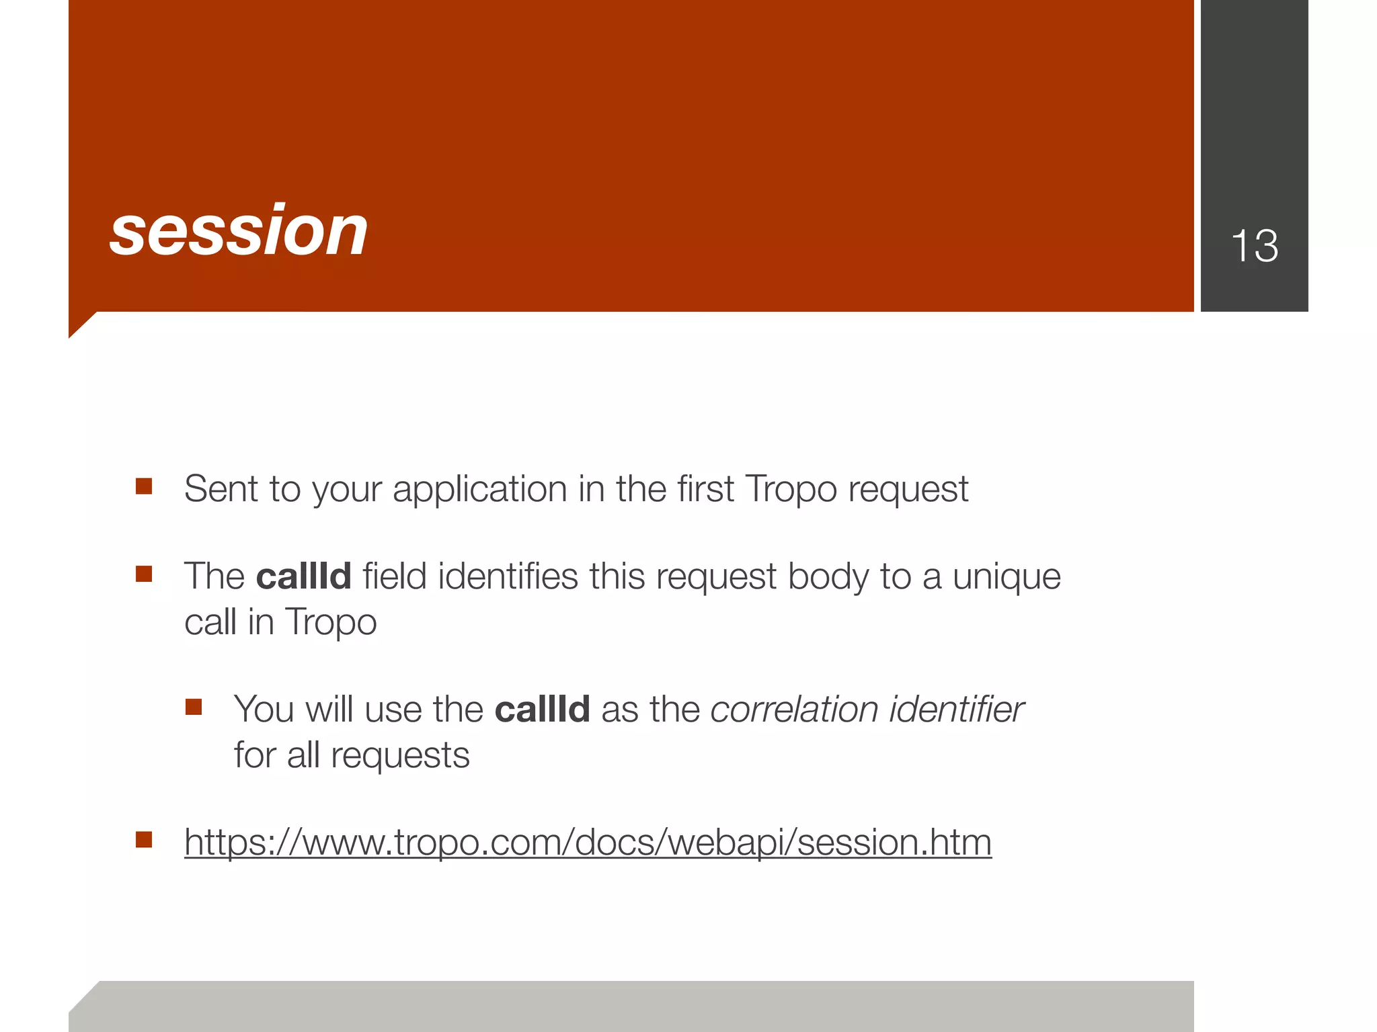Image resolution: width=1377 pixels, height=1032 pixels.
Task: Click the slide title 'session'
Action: click(239, 231)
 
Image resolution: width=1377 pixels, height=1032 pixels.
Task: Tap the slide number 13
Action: click(1254, 246)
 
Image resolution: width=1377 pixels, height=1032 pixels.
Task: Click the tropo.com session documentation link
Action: click(588, 843)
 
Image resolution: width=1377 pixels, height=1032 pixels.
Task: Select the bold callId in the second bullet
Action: click(304, 576)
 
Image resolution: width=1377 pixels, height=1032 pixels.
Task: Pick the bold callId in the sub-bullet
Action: click(542, 709)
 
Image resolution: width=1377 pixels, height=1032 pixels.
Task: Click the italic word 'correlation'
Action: click(794, 709)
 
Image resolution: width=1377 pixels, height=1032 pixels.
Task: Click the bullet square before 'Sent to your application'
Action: click(144, 486)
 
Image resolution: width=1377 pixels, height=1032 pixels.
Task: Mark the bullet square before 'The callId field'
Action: click(144, 574)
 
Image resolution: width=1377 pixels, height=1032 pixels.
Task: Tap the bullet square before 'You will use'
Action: click(194, 707)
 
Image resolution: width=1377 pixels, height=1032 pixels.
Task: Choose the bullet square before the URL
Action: click(144, 840)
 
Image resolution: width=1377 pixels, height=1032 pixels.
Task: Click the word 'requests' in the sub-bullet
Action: click(400, 756)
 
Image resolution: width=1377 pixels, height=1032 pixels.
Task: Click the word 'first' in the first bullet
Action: click(705, 488)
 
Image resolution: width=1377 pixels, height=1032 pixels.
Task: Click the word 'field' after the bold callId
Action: click(395, 576)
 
